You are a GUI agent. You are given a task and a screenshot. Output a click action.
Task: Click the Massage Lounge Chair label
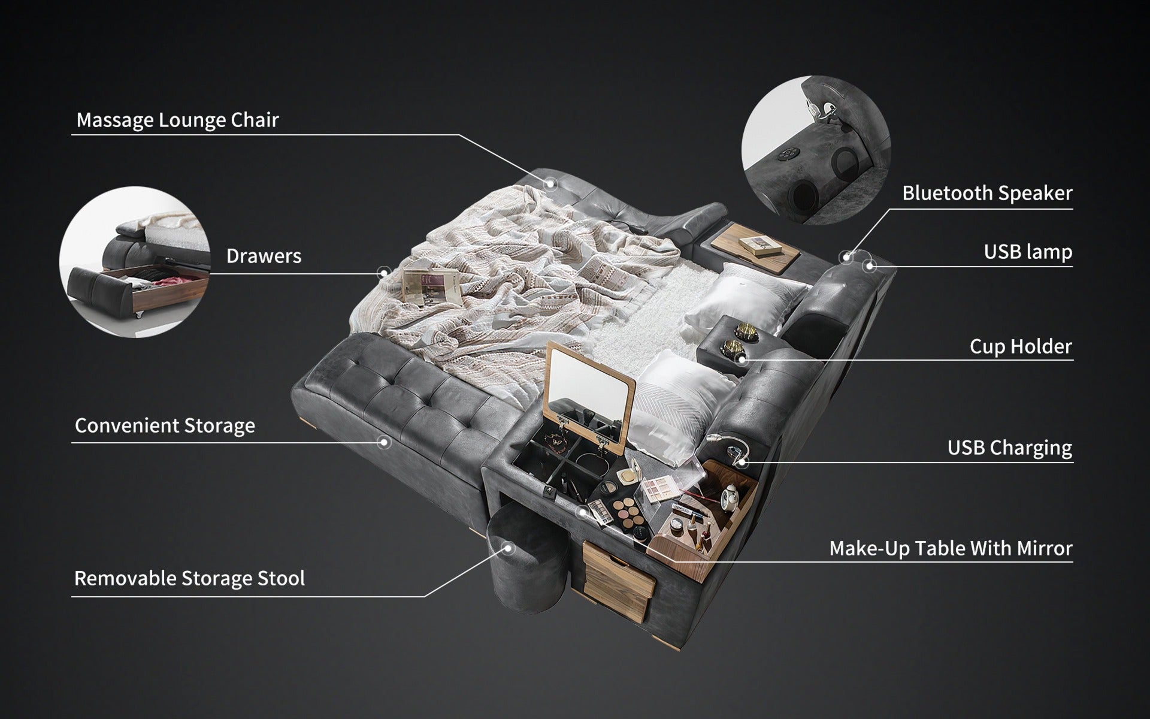pos(177,120)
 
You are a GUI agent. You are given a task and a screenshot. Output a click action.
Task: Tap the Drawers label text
pos(264,256)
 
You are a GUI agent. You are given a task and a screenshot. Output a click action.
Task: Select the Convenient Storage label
pos(165,425)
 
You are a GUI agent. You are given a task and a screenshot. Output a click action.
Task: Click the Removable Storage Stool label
pos(189,578)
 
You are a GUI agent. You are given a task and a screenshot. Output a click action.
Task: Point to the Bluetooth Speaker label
pos(987,193)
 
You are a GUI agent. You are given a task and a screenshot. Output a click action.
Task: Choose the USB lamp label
pos(1028,252)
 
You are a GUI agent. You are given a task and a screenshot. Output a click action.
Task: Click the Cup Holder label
pos(1021,346)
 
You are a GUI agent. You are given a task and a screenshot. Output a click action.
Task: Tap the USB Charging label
pos(1009,448)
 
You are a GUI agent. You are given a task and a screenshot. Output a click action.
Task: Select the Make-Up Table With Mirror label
pos(951,548)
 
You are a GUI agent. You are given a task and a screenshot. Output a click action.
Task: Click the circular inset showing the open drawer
pos(135,262)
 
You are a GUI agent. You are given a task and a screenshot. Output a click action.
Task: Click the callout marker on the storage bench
pos(385,442)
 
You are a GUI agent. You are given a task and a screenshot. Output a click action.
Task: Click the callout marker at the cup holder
pos(742,359)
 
